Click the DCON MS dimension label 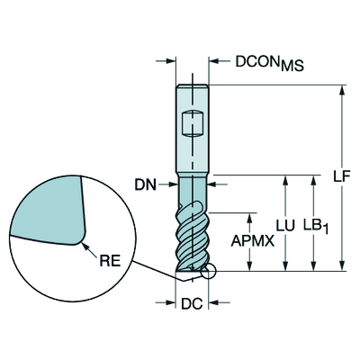pyautogui.click(x=269, y=63)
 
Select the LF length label pyautogui.click(x=342, y=177)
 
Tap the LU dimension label pyautogui.click(x=285, y=226)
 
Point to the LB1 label pyautogui.click(x=316, y=226)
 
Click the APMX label pyautogui.click(x=253, y=240)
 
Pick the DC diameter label pyautogui.click(x=192, y=304)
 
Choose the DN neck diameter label pyautogui.click(x=146, y=185)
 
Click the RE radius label pyautogui.click(x=110, y=260)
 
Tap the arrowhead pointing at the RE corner pyautogui.click(x=85, y=246)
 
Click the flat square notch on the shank pyautogui.click(x=193, y=124)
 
